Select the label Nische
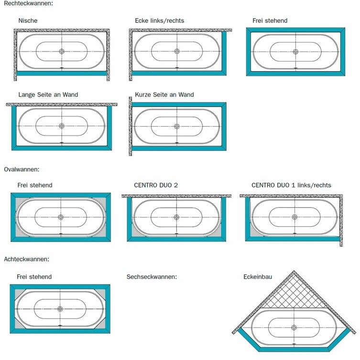click(x=28, y=21)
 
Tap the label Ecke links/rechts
click(x=159, y=21)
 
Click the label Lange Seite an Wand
click(x=48, y=95)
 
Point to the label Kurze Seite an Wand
click(x=164, y=95)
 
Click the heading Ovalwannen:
click(x=22, y=169)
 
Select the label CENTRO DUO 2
click(x=156, y=185)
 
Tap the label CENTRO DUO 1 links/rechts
click(x=291, y=185)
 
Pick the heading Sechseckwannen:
click(x=152, y=276)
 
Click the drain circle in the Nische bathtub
click(x=62, y=51)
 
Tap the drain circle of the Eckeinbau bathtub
click(x=294, y=328)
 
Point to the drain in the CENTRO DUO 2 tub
click(x=176, y=217)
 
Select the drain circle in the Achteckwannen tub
click(x=60, y=309)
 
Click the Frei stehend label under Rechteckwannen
click(x=270, y=21)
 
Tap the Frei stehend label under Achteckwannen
click(x=34, y=276)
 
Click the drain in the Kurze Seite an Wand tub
click(x=176, y=126)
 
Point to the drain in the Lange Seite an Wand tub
click(x=62, y=126)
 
